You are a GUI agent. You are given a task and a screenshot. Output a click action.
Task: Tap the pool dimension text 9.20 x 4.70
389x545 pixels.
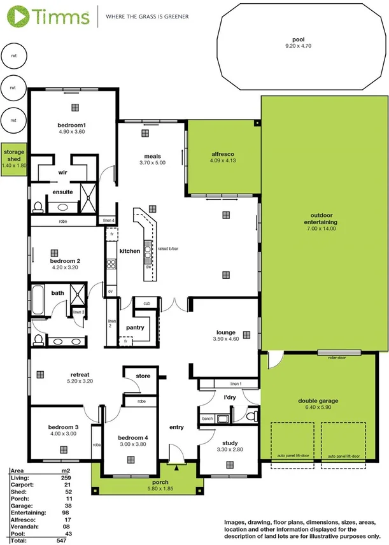[x=295, y=46]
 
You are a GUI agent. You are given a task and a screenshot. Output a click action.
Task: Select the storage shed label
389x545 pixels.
[x=14, y=152]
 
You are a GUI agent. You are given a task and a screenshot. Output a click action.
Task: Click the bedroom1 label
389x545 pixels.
[x=71, y=125]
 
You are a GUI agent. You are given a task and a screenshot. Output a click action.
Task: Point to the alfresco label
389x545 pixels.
[x=223, y=154]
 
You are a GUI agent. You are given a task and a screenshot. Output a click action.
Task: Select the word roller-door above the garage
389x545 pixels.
[x=337, y=358]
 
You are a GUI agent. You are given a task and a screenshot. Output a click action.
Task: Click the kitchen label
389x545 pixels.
[x=129, y=251]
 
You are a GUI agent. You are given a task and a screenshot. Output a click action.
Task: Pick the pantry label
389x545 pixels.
[x=135, y=328]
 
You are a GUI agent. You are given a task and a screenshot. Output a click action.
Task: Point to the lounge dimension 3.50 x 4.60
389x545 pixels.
[x=225, y=339]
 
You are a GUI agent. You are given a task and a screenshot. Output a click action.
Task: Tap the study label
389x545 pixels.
[x=230, y=443]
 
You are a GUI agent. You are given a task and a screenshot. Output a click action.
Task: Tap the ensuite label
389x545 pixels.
[x=62, y=192]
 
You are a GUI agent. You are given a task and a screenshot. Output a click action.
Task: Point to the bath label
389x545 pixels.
[x=58, y=294]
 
